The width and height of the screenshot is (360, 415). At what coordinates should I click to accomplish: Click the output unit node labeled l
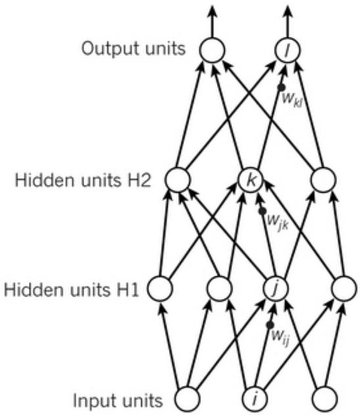288,50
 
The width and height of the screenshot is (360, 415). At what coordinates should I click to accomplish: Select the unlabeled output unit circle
212,50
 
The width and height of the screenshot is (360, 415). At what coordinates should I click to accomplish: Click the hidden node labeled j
276,289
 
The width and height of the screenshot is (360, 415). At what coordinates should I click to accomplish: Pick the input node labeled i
255,399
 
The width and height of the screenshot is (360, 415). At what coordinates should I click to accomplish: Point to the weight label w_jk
277,221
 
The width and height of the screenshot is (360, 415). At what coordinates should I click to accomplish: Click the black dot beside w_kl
281,87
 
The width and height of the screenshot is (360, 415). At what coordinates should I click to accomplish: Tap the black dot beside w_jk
263,211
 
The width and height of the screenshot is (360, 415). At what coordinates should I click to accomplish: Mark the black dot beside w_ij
270,325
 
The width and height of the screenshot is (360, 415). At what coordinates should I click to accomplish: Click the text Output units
133,49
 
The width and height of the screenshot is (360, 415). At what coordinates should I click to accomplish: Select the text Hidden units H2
83,180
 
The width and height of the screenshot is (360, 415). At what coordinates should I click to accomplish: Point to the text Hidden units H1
72,289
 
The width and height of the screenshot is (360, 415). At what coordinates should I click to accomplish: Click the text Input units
118,401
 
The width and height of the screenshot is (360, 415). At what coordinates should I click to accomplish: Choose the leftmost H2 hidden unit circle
177,180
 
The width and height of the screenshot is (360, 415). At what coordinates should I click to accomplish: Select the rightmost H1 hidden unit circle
344,289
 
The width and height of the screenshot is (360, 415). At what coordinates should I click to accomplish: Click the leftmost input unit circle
187,399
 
